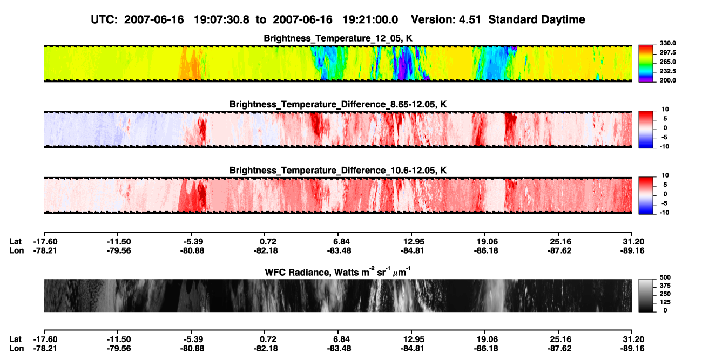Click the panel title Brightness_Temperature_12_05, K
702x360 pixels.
(338, 38)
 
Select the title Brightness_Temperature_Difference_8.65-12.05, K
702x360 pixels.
(338, 104)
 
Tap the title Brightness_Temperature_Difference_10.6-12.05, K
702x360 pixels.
(338, 171)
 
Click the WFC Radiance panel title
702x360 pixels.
(338, 271)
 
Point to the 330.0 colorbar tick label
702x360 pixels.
(667, 43)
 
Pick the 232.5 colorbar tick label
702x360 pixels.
(667, 71)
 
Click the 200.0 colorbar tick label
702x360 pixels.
(667, 80)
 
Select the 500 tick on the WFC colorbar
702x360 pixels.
(665, 277)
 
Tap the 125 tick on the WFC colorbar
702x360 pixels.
(665, 302)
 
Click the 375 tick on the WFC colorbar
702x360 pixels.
(665, 286)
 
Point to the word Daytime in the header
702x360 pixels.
(562, 20)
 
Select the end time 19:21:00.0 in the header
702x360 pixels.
(370, 20)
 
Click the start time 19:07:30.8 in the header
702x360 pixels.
(221, 20)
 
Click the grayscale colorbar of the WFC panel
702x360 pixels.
(646, 295)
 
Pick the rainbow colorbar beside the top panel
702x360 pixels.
(646, 64)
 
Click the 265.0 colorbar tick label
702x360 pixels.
(667, 62)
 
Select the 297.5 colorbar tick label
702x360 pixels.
(667, 53)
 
